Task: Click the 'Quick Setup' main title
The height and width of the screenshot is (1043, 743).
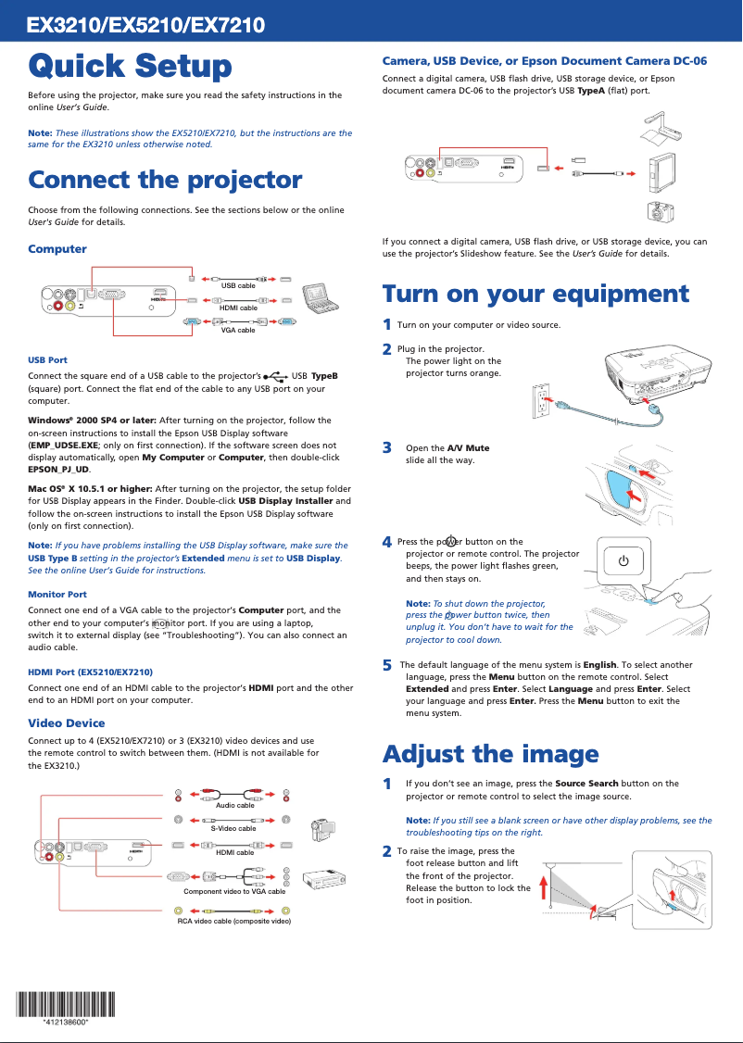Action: click(130, 67)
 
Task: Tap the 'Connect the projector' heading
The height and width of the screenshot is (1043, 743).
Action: click(165, 180)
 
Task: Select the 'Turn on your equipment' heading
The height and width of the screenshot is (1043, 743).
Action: click(535, 295)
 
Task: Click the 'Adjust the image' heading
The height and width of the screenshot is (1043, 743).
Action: click(490, 754)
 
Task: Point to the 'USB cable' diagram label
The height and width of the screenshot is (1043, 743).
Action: click(238, 285)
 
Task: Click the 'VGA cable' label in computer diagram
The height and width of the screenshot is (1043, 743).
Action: click(238, 330)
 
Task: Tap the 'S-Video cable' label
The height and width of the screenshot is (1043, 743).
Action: click(233, 828)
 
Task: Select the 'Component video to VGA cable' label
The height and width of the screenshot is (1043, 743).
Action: click(234, 891)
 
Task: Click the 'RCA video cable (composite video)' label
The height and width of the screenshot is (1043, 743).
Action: click(234, 922)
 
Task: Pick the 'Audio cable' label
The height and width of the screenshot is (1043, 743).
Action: click(234, 805)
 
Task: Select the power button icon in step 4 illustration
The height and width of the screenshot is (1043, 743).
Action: click(623, 561)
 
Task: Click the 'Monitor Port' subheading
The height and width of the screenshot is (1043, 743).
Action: click(57, 594)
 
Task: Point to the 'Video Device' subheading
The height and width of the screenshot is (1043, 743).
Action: click(66, 723)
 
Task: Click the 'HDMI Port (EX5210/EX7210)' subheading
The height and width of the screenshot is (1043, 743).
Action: click(90, 672)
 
